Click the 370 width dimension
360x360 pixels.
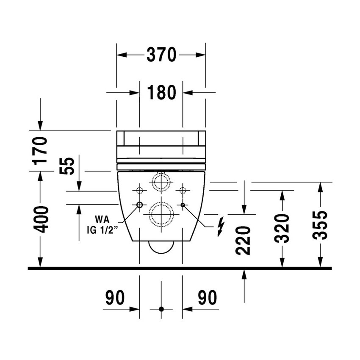pyautogui.click(x=161, y=55)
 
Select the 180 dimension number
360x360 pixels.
pyautogui.click(x=161, y=92)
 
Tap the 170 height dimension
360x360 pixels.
pyautogui.click(x=40, y=151)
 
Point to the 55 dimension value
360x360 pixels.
pyautogui.click(x=67, y=166)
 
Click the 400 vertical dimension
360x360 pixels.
pyautogui.click(x=41, y=219)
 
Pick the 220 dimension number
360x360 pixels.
pyautogui.click(x=243, y=241)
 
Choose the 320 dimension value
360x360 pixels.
pyautogui.click(x=282, y=228)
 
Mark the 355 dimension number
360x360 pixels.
pyautogui.click(x=320, y=225)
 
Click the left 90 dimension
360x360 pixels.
pyautogui.click(x=115, y=298)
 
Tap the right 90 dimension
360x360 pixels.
pyautogui.click(x=208, y=298)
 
